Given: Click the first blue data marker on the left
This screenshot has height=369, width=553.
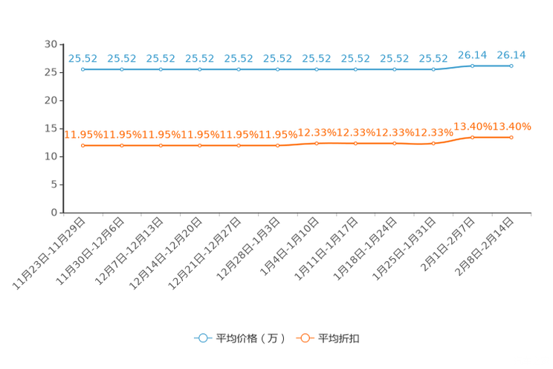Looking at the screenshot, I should pyautogui.click(x=83, y=69).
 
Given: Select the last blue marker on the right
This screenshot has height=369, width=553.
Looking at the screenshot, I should pyautogui.click(x=511, y=65).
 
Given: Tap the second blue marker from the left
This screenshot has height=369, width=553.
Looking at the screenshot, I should pyautogui.click(x=122, y=69).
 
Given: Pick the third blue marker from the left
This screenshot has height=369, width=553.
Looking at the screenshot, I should pyautogui.click(x=161, y=69).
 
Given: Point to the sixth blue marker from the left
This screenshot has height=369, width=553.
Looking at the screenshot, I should pyautogui.click(x=278, y=69).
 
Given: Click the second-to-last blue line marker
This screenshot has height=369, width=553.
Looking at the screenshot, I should pyautogui.click(x=472, y=65).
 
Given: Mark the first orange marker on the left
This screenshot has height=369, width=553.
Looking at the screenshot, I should pyautogui.click(x=83, y=145).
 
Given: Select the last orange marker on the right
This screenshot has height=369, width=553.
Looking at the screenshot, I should pyautogui.click(x=511, y=137).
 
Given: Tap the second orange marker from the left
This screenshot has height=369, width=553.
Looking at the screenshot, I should pyautogui.click(x=122, y=145).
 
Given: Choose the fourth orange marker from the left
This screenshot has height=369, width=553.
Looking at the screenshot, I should pyautogui.click(x=200, y=145).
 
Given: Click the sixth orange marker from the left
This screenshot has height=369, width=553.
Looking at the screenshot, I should pyautogui.click(x=278, y=145).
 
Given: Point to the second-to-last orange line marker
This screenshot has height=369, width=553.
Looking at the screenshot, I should pyautogui.click(x=472, y=137).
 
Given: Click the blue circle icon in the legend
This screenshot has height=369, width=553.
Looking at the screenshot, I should pyautogui.click(x=203, y=338).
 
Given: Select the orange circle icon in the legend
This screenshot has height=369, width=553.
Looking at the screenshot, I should pyautogui.click(x=305, y=338).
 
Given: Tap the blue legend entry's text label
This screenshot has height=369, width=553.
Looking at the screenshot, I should pyautogui.click(x=250, y=338).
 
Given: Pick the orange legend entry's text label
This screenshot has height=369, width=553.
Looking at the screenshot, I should pyautogui.click(x=340, y=338).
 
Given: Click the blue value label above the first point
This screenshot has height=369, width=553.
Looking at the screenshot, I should pyautogui.click(x=83, y=58).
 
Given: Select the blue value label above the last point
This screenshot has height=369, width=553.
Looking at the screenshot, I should pyautogui.click(x=511, y=54).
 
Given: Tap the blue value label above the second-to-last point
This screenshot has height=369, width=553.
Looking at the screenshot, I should pyautogui.click(x=472, y=54).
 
